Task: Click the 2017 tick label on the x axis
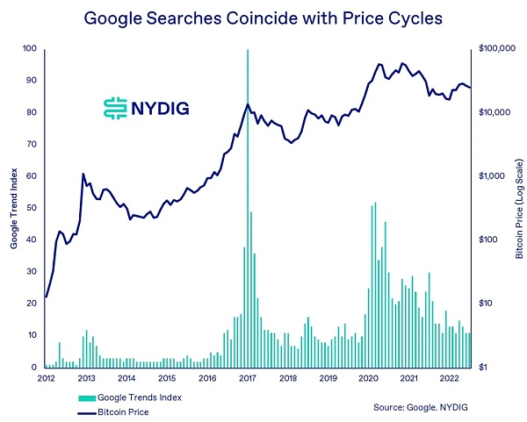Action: [x=248, y=378]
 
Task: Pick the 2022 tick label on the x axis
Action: [x=449, y=378]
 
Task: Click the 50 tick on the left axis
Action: [x=32, y=208]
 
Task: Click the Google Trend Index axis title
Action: [x=15, y=208]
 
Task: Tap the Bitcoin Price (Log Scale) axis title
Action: [x=520, y=208]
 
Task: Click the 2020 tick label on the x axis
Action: [x=368, y=378]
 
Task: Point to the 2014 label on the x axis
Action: [x=126, y=378]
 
